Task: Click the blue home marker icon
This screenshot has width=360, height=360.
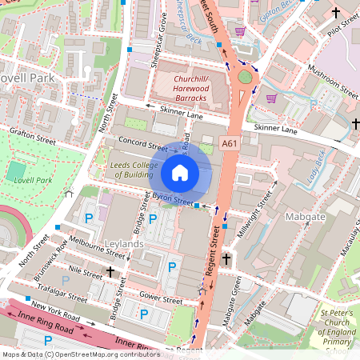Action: tap(180, 172)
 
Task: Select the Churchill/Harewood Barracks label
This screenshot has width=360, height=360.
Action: tap(180, 88)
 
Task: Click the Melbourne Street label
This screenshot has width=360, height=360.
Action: tap(97, 246)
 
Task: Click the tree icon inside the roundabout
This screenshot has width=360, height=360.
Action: tap(245, 77)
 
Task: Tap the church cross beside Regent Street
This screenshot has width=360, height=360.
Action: tap(226, 259)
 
